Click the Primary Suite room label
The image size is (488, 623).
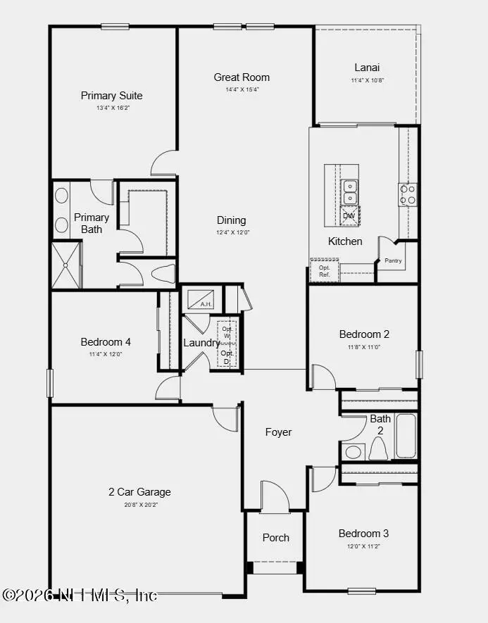tap(111, 96)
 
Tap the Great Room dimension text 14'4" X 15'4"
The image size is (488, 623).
tap(242, 89)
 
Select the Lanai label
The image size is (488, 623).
tap(367, 68)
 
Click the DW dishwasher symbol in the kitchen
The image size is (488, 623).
tap(349, 215)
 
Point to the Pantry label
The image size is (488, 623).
tap(393, 261)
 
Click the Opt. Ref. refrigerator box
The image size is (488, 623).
tap(325, 271)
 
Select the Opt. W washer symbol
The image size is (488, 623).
tap(227, 332)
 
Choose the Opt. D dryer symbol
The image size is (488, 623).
tap(227, 356)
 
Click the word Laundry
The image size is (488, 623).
tap(201, 343)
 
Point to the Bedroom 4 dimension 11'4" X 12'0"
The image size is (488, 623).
tap(106, 354)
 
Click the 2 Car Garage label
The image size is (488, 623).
tap(139, 492)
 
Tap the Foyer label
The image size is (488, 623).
tap(278, 432)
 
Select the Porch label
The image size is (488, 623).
tap(275, 537)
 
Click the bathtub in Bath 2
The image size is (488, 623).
tap(406, 436)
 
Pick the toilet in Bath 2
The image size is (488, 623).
tap(378, 448)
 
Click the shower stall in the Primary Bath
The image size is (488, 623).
tap(66, 265)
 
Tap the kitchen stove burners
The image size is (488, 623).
tap(408, 194)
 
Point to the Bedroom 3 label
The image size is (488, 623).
tap(363, 533)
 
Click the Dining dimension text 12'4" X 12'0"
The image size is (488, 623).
tap(232, 232)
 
